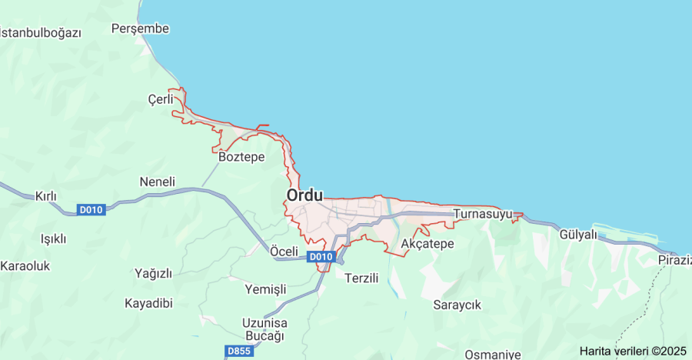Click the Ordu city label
point(305,195)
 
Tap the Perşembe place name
point(140,28)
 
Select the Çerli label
point(160,99)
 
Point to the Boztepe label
point(241,157)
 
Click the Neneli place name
point(157,182)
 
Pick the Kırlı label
point(46,196)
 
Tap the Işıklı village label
point(53,238)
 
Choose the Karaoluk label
point(25,266)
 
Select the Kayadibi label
point(148,303)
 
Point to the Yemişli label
point(264,289)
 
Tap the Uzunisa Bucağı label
point(264,329)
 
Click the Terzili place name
point(361,278)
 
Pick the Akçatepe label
point(428,244)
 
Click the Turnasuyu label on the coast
point(483,214)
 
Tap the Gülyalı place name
point(578,235)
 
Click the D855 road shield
point(239,351)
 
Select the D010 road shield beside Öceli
point(321,256)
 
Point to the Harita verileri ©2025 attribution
point(633,351)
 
